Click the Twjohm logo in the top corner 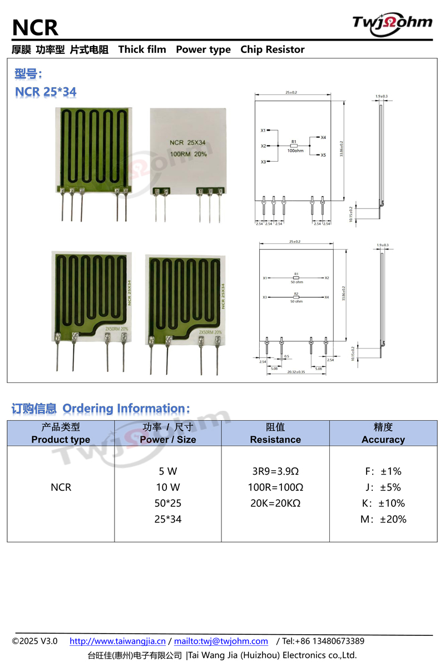392,23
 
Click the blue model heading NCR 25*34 46,92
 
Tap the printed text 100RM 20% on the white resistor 188,154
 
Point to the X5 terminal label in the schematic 323,155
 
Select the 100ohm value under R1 295,151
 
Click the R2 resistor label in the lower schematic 296,293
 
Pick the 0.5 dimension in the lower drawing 286,356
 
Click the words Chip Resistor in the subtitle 273,49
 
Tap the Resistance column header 275,440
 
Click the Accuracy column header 383,440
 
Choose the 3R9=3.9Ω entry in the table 275,471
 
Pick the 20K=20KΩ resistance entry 275,504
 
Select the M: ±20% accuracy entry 383,520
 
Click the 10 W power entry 168,487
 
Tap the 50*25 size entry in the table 168,504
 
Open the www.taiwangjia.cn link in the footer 117,641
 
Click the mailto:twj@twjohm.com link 221,641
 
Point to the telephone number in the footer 323,641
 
